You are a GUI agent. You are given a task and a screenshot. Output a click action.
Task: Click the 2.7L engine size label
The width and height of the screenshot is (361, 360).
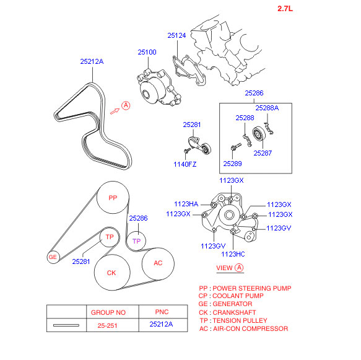coord(285,9)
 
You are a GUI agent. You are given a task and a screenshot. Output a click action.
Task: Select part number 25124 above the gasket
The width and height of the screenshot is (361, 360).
coord(176,35)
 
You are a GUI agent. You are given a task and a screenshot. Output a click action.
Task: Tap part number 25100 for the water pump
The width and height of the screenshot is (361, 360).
coord(147,52)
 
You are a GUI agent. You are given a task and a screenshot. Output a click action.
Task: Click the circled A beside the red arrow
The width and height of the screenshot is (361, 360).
coord(126,105)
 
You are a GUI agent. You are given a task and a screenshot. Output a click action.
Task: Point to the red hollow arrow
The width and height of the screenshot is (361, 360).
coord(115,112)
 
